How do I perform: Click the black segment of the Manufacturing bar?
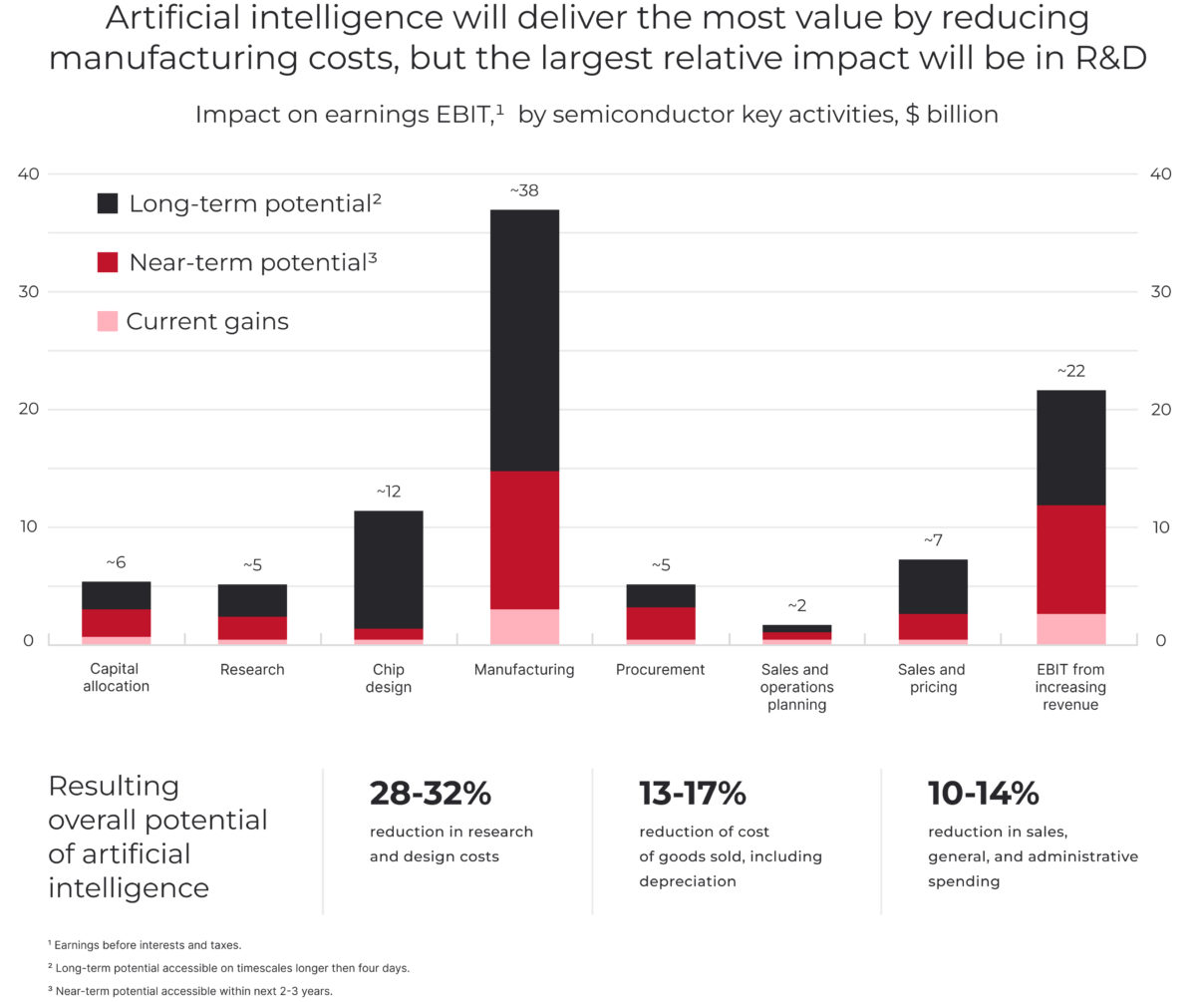click(x=524, y=340)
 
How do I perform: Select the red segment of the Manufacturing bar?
click(x=524, y=539)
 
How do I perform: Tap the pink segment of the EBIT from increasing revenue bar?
click(x=1070, y=628)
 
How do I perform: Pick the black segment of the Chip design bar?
click(x=388, y=569)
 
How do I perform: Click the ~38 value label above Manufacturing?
click(x=524, y=190)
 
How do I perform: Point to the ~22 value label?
click(x=1070, y=371)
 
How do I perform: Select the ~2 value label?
click(x=796, y=605)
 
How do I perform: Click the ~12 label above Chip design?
click(x=388, y=492)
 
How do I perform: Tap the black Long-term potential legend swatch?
click(x=108, y=203)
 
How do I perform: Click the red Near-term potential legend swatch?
click(x=108, y=262)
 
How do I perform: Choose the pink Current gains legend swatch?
click(x=108, y=321)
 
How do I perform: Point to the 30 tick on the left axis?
click(x=29, y=291)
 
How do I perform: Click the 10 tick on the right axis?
click(x=1161, y=526)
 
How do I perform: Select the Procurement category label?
click(x=660, y=670)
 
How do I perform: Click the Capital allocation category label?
click(x=116, y=678)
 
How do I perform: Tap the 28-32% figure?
click(x=431, y=794)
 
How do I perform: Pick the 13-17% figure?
click(x=692, y=794)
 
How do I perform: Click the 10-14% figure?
click(x=983, y=794)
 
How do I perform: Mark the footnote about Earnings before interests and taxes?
click(x=145, y=944)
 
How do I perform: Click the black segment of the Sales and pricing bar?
click(x=933, y=586)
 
